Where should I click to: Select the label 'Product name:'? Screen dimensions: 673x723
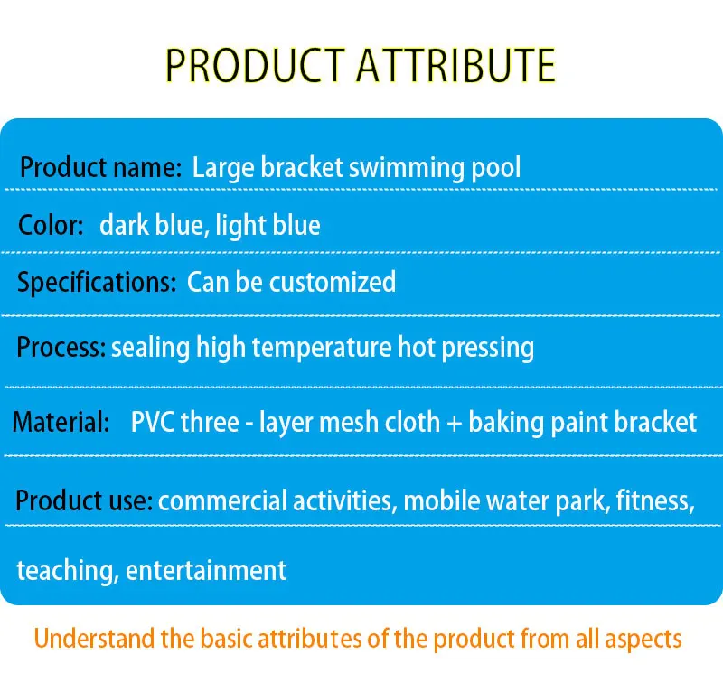(100, 168)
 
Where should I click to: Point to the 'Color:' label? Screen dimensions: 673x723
(51, 224)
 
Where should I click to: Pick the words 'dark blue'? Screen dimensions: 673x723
(150, 224)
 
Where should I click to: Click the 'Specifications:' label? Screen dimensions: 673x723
(97, 282)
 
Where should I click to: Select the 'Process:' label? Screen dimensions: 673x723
(61, 347)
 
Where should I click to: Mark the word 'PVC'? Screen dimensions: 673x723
(153, 422)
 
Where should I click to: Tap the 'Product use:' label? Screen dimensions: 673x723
(84, 500)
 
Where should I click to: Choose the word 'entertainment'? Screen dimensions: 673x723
(206, 571)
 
